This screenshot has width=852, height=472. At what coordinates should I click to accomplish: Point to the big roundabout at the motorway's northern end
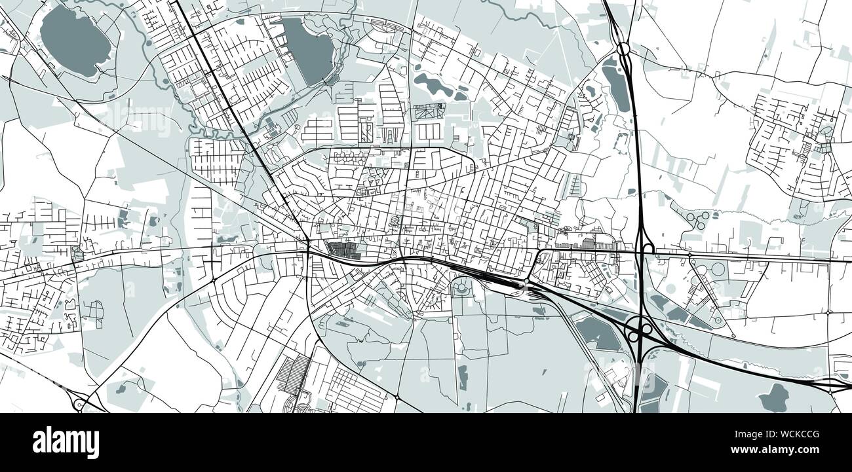623,49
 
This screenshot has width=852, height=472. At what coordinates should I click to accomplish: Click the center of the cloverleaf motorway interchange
639,329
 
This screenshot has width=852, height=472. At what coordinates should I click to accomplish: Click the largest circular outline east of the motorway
717,269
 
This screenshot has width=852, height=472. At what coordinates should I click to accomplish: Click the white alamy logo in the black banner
66,443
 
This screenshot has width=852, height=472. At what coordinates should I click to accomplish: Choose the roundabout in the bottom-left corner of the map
78,404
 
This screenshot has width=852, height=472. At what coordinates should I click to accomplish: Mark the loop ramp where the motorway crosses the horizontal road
648,248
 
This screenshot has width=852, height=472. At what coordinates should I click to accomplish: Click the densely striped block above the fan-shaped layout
293,373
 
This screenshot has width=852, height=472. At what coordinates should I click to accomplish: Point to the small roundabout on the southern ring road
397,397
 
